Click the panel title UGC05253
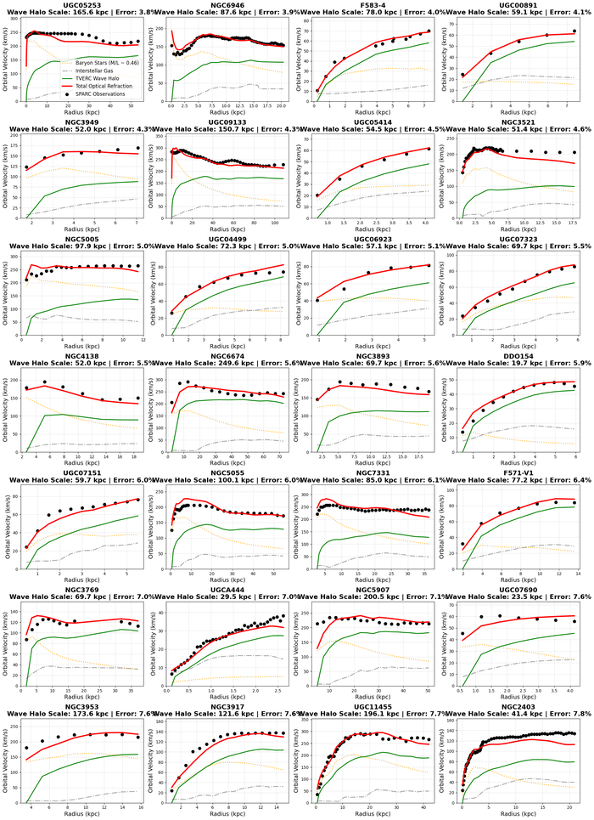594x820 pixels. click(76, 5)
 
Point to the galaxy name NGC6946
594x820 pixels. click(223, 5)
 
